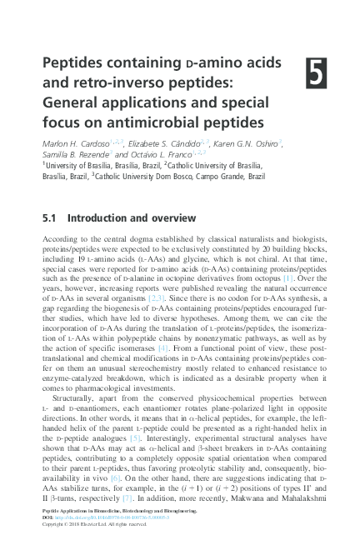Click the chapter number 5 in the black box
tap(317, 74)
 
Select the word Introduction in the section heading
tap(99, 219)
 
